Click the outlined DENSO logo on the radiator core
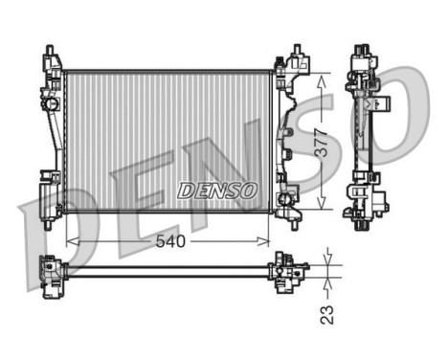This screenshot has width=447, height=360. [217, 191]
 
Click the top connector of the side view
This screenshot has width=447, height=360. [362, 56]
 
